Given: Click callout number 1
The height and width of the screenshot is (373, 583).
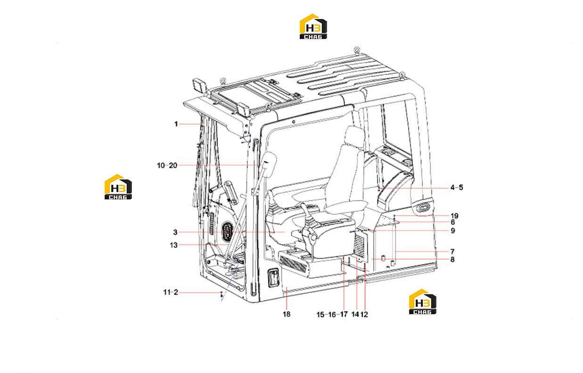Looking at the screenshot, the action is (176, 124).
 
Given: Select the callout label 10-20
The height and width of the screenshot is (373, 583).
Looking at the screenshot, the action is (167, 166).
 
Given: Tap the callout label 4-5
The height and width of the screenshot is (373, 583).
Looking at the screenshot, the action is (457, 188).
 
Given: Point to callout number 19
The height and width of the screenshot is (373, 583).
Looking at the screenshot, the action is (454, 216).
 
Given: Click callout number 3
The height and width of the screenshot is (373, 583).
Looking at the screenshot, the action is (175, 232).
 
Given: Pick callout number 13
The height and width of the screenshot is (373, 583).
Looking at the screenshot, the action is (173, 245).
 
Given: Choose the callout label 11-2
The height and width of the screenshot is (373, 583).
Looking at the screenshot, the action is (171, 293).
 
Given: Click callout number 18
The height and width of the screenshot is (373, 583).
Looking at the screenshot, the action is (287, 314).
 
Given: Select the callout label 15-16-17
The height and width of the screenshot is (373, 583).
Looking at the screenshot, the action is (332, 315).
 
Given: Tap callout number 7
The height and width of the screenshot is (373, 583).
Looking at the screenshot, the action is (452, 252).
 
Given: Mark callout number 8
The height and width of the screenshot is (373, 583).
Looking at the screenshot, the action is (452, 260).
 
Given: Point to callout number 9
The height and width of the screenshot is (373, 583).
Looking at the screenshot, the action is (453, 230).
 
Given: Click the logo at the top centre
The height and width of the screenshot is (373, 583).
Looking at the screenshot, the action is (313, 26).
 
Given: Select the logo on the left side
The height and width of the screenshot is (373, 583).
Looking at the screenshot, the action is (118, 187).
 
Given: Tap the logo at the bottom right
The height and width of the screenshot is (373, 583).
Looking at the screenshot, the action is (423, 302).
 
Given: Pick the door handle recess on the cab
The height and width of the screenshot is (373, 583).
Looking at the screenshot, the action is (273, 278).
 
